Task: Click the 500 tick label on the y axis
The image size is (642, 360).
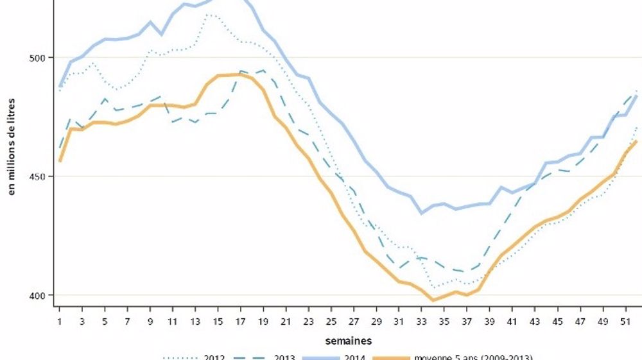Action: (38, 58)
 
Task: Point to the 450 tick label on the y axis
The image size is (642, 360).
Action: (38, 176)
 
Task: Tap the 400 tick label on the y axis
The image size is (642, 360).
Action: (38, 295)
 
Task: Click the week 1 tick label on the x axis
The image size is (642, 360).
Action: (60, 320)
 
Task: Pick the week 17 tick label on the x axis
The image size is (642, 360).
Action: (241, 320)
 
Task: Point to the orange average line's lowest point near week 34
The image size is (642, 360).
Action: (433, 300)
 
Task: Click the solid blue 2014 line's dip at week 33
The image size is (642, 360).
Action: (422, 213)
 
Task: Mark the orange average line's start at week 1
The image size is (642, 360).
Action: (60, 161)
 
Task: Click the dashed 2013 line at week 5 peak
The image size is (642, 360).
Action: (105, 99)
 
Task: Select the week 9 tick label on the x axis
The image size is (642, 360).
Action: (151, 320)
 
